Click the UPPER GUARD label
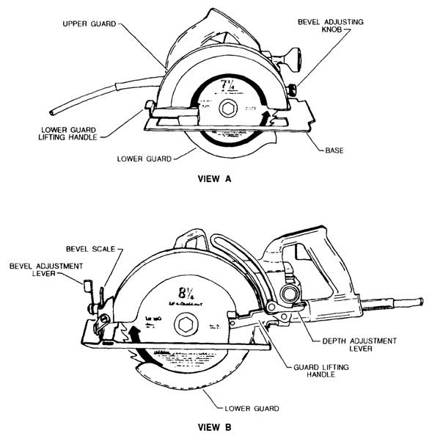[x=88, y=24]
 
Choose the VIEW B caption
[x=216, y=424]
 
